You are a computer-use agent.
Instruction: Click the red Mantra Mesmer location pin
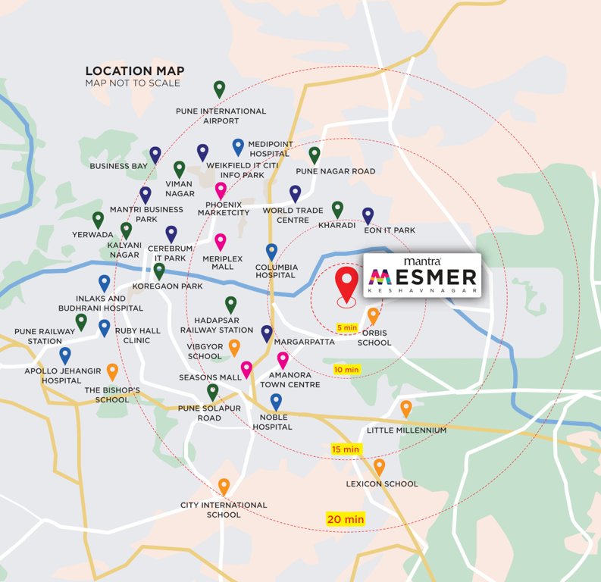pyautogui.click(x=347, y=283)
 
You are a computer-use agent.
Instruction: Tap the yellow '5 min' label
pyautogui.click(x=346, y=327)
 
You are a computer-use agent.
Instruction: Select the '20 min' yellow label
pyautogui.click(x=346, y=519)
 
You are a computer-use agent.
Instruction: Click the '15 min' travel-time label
pyautogui.click(x=345, y=449)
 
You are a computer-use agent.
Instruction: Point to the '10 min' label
pyautogui.click(x=346, y=369)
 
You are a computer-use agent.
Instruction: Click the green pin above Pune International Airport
pyautogui.click(x=220, y=89)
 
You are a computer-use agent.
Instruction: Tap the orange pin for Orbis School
pyautogui.click(x=373, y=315)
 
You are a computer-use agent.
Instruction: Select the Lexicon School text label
pyautogui.click(x=381, y=483)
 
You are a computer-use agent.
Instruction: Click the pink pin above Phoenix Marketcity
pyautogui.click(x=221, y=189)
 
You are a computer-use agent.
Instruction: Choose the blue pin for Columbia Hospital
pyautogui.click(x=271, y=251)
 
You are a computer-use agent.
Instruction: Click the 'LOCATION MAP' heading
pyautogui.click(x=134, y=71)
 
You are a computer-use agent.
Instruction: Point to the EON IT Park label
pyautogui.click(x=390, y=230)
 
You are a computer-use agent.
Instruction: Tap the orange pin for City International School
pyautogui.click(x=224, y=486)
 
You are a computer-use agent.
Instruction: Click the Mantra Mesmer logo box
pyautogui.click(x=422, y=275)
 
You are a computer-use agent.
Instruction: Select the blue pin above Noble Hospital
pyautogui.click(x=276, y=401)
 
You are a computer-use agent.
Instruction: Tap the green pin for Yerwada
pyautogui.click(x=98, y=219)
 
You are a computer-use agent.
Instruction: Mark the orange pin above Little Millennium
pyautogui.click(x=406, y=408)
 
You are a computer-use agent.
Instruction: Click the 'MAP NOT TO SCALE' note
pyautogui.click(x=133, y=83)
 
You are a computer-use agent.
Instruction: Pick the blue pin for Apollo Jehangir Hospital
pyautogui.click(x=65, y=354)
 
